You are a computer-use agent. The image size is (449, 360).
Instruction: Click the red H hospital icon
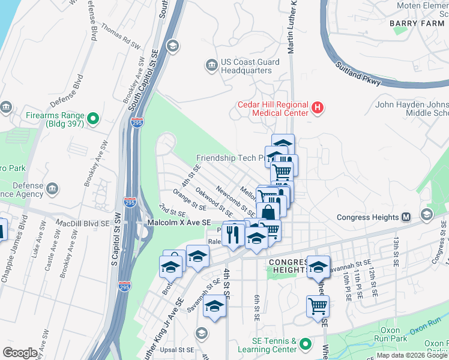click(x=318, y=109)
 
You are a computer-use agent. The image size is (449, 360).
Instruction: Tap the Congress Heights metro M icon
click(x=406, y=217)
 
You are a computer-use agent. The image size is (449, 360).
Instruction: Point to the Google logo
click(x=20, y=353)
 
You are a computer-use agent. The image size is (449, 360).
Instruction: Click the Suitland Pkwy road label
click(x=358, y=76)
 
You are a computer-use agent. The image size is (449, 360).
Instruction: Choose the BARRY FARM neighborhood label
click(x=416, y=23)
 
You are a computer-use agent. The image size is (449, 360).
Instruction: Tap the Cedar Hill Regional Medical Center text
click(x=271, y=108)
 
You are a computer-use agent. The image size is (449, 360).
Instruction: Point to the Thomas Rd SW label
click(x=119, y=37)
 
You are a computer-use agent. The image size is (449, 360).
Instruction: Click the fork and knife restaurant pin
click(x=234, y=235)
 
